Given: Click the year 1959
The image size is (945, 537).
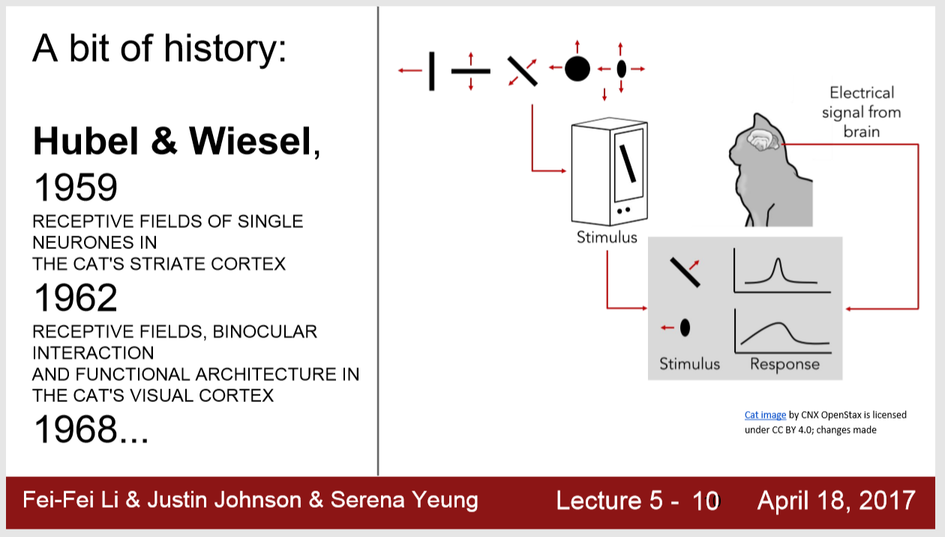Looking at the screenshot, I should point(75,187).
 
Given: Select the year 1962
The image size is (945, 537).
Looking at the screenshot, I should point(75,298).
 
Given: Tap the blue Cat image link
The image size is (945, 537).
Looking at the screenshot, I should point(765,415).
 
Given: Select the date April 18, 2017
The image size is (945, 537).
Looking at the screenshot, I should point(835,500).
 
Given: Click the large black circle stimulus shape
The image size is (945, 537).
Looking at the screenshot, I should point(577,69).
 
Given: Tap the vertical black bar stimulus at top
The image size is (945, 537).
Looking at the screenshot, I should point(431,70).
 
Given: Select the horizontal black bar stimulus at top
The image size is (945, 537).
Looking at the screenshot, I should point(470,70).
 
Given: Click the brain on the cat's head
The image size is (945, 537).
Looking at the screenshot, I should point(763,139).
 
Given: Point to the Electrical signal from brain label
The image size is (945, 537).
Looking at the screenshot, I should point(861,112).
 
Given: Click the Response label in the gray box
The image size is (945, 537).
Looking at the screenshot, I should point(784,364).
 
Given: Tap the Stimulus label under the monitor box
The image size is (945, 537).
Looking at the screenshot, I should point(607,238).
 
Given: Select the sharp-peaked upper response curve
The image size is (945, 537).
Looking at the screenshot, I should point(778,271).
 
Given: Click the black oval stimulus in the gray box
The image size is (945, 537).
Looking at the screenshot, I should point(685,327).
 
